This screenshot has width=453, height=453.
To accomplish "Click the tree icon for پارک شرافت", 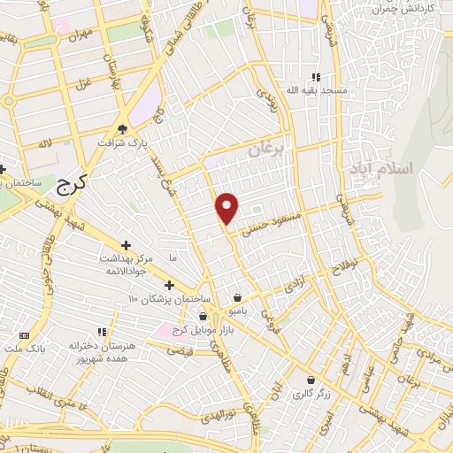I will pos(134,127).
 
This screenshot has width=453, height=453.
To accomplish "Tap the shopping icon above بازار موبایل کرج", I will pos(204,316).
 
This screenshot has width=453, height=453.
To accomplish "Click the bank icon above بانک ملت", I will pos(24,337).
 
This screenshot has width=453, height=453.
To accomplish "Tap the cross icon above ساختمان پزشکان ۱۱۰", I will pos(169,285).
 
